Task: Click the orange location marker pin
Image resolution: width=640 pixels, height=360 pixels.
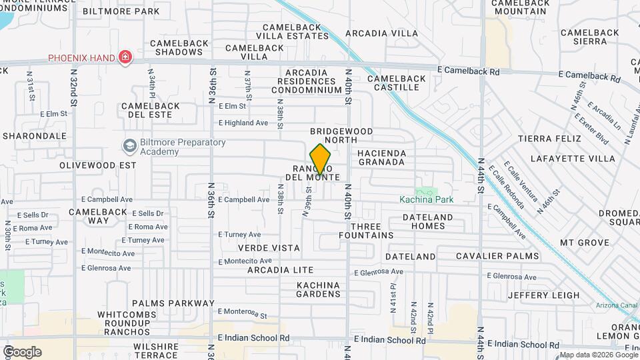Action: (321, 160)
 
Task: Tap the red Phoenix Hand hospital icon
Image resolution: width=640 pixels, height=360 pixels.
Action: (124, 58)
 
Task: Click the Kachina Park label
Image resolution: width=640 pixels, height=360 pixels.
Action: (426, 199)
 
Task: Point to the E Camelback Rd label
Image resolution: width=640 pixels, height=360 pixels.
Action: (468, 71)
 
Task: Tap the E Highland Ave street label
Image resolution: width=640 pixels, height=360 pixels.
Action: (243, 123)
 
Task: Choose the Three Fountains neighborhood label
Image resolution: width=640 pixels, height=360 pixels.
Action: (366, 231)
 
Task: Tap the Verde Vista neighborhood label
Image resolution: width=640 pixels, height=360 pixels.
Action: (269, 247)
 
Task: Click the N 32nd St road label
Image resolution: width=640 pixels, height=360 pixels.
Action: (73, 87)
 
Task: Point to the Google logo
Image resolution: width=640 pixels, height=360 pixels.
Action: (21, 351)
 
